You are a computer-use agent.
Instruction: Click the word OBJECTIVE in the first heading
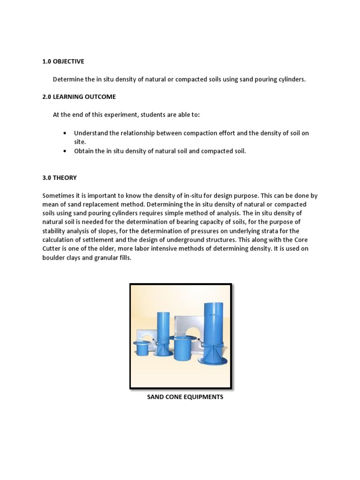(69, 61)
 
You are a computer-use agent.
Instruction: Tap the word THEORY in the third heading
(66, 178)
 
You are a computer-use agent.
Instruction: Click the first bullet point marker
(64, 133)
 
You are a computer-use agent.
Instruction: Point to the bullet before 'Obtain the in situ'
(64, 151)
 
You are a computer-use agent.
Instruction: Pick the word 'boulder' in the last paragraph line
(54, 258)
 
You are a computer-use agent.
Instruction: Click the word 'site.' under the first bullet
(80, 142)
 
